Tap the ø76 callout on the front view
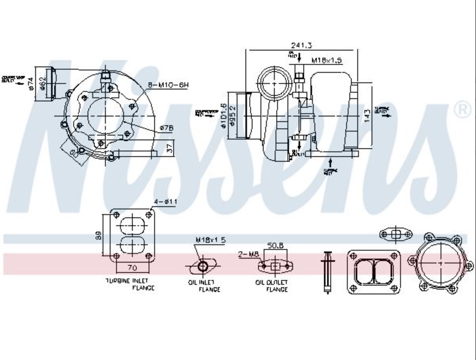pyautogui.click(x=165, y=127)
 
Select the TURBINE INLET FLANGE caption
pyautogui.click(x=130, y=284)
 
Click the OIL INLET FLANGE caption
pyautogui.click(x=203, y=286)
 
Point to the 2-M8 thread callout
pyautogui.click(x=249, y=255)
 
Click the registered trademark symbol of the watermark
pyautogui.click(x=462, y=110)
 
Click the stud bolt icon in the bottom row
pyautogui.click(x=326, y=271)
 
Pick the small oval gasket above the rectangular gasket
pyautogui.click(x=395, y=233)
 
